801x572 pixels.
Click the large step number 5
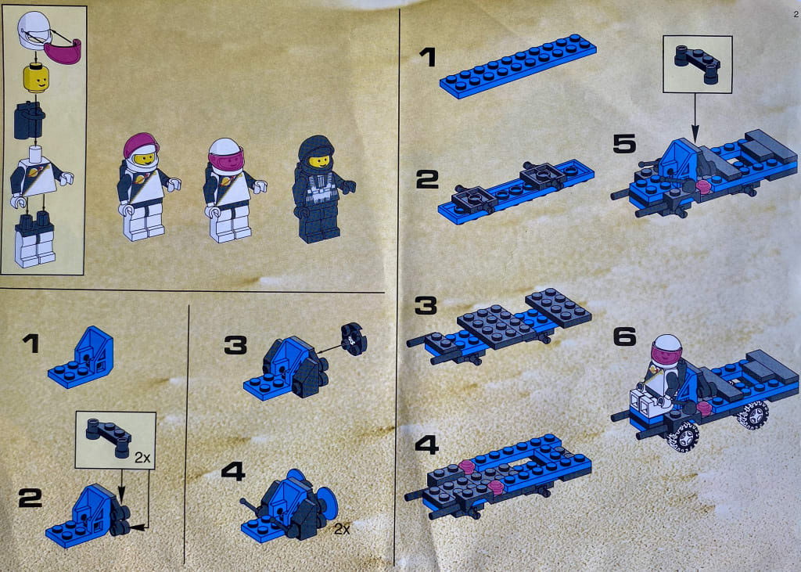624,144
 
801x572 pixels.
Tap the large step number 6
625,336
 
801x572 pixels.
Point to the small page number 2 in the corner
796,15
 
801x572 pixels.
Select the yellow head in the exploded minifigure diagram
36,77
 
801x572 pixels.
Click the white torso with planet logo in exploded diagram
36,176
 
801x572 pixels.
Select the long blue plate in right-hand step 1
518,66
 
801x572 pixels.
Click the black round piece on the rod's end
354,338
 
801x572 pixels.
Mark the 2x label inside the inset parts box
142,458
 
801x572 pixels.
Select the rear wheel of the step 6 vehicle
753,414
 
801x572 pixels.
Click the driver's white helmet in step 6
666,349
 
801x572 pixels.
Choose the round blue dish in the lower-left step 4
325,500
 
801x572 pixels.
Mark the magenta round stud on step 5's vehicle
704,186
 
